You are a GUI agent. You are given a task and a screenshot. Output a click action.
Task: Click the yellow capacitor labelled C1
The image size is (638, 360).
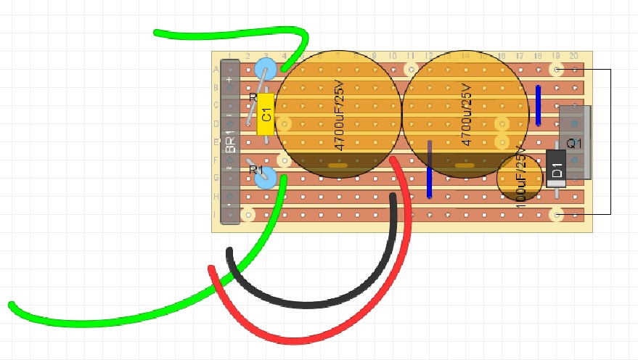pyautogui.click(x=266, y=114)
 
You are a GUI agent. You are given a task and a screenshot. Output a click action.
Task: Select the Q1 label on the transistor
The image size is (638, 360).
pyautogui.click(x=574, y=143)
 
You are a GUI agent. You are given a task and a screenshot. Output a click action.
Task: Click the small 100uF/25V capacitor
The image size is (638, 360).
pyautogui.click(x=520, y=179)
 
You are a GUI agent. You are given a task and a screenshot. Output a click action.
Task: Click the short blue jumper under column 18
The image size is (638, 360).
pyautogui.click(x=539, y=105)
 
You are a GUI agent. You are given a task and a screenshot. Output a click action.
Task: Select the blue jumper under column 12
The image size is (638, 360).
pyautogui.click(x=430, y=170)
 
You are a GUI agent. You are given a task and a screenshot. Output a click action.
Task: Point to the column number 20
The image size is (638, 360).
pyautogui.click(x=574, y=57)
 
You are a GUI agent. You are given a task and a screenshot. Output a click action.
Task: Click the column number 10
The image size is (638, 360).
pyautogui.click(x=393, y=57)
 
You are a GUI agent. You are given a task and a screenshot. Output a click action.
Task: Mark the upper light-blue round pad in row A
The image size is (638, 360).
pyautogui.click(x=266, y=70)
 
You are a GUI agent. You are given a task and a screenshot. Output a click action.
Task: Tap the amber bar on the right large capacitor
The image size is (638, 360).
pyautogui.click(x=465, y=165)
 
